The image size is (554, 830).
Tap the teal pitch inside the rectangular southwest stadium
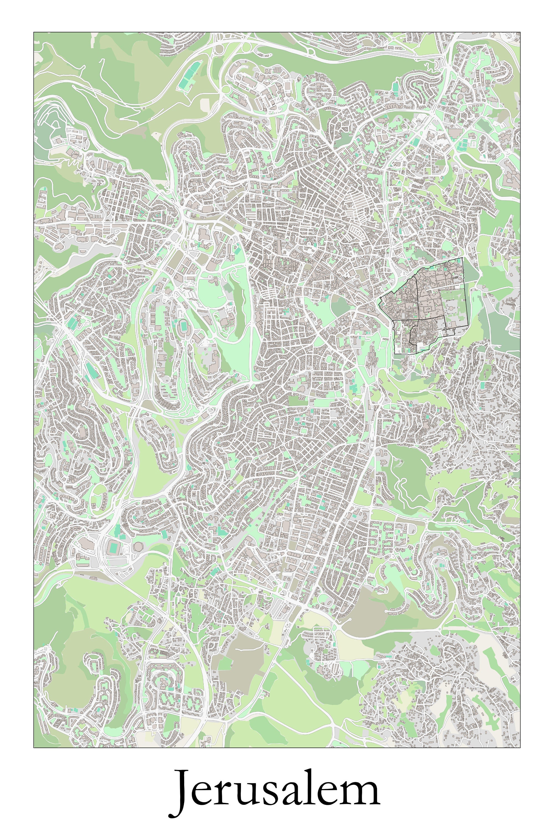(114, 548)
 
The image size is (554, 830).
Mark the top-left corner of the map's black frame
(34, 32)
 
